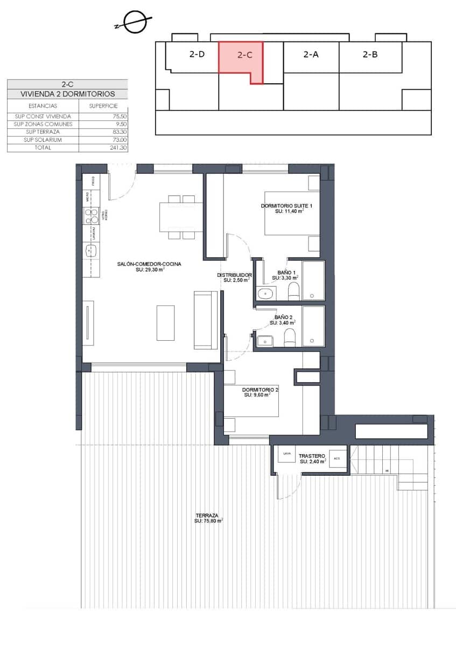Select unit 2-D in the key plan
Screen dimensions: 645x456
pyautogui.click(x=197, y=54)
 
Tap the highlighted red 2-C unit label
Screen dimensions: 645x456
pyautogui.click(x=245, y=55)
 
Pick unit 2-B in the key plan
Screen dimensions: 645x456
pyautogui.click(x=370, y=54)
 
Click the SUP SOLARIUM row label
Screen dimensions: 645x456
pyautogui.click(x=43, y=140)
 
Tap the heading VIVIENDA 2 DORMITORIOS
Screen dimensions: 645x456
pyautogui.click(x=67, y=94)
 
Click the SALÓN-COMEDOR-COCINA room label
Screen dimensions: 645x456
pyautogui.click(x=149, y=264)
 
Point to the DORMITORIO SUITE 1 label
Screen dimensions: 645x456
pyautogui.click(x=286, y=206)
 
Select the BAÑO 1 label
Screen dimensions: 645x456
pyautogui.click(x=286, y=273)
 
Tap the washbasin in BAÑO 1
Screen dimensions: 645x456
pyautogui.click(x=265, y=293)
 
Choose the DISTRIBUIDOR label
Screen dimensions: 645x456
pyautogui.click(x=235, y=275)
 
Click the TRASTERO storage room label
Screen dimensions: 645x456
pyautogui.click(x=313, y=455)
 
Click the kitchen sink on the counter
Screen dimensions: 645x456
pyautogui.click(x=90, y=250)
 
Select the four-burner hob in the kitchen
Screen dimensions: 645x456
pyautogui.click(x=90, y=216)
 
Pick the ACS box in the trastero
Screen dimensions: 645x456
pyautogui.click(x=338, y=458)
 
